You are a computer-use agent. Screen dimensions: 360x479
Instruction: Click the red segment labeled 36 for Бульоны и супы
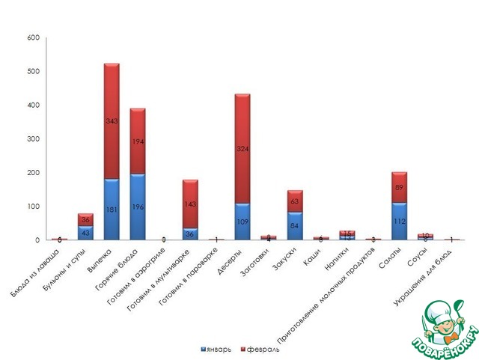(x=85, y=219)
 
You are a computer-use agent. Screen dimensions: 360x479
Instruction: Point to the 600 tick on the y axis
(x=33, y=37)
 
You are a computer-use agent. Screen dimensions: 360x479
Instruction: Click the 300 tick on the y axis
(x=33, y=139)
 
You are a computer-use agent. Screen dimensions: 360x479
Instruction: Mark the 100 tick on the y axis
(x=33, y=207)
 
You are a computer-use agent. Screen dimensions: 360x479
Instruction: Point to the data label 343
(x=112, y=121)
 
